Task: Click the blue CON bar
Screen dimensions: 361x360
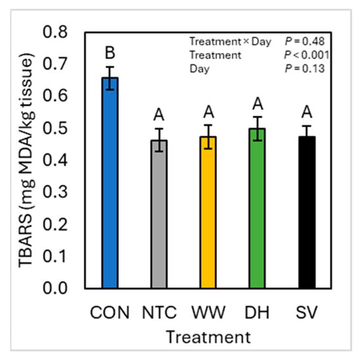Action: (110, 183)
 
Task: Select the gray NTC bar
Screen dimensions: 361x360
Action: (159, 214)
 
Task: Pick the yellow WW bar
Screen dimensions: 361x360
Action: (208, 212)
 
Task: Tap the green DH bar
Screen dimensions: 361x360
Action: (257, 208)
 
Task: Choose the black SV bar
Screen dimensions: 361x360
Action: (307, 212)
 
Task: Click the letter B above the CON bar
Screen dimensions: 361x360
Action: (110, 53)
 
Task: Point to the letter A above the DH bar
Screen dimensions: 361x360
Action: (258, 104)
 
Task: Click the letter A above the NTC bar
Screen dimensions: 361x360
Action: (159, 115)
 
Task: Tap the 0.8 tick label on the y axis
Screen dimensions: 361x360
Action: (55, 32)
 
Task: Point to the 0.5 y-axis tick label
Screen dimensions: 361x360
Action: (55, 128)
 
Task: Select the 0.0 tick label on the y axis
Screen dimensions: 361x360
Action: (55, 288)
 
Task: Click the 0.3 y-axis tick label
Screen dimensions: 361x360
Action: (55, 192)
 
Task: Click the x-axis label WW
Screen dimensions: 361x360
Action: (208, 313)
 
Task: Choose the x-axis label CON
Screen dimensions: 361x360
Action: (110, 313)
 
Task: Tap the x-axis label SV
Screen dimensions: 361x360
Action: (307, 313)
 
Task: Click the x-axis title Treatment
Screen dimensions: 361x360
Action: (208, 338)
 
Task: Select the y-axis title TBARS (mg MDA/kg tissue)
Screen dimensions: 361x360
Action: (26, 160)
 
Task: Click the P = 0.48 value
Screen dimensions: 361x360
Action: (305, 41)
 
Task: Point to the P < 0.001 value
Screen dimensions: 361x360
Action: (307, 55)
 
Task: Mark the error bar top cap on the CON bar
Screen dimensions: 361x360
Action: (110, 67)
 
